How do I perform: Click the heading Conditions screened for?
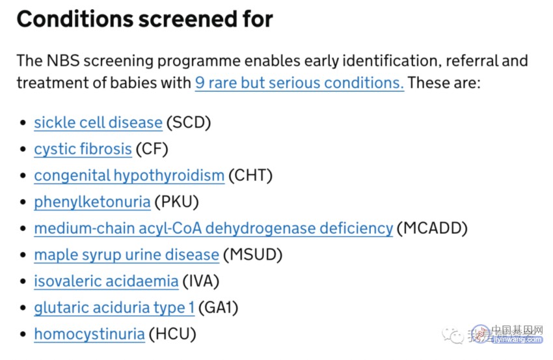pyautogui.click(x=144, y=19)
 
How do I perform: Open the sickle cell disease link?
pyautogui.click(x=98, y=123)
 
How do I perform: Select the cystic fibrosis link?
pyautogui.click(x=83, y=149)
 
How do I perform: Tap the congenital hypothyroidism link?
pyautogui.click(x=129, y=175)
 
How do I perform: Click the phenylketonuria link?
pyautogui.click(x=92, y=202)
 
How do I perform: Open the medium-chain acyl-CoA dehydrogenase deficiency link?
pyautogui.click(x=213, y=228)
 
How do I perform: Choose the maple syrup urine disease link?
pyautogui.click(x=127, y=255)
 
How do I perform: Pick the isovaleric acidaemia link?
pyautogui.click(x=106, y=281)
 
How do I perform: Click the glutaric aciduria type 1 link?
pyautogui.click(x=115, y=308)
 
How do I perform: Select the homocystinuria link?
pyautogui.click(x=90, y=334)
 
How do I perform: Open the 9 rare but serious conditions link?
pyautogui.click(x=299, y=83)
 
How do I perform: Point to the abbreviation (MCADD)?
pyautogui.click(x=432, y=228)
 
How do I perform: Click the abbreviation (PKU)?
pyautogui.click(x=177, y=202)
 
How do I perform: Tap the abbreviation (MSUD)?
pyautogui.click(x=253, y=255)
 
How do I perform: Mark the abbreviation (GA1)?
pyautogui.click(x=219, y=308)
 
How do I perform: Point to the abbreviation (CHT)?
pyautogui.click(x=250, y=175)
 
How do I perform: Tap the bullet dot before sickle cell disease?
pyautogui.click(x=23, y=123)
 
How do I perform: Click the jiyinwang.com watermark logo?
pyautogui.click(x=508, y=334)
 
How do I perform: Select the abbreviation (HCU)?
pyautogui.click(x=172, y=334)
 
